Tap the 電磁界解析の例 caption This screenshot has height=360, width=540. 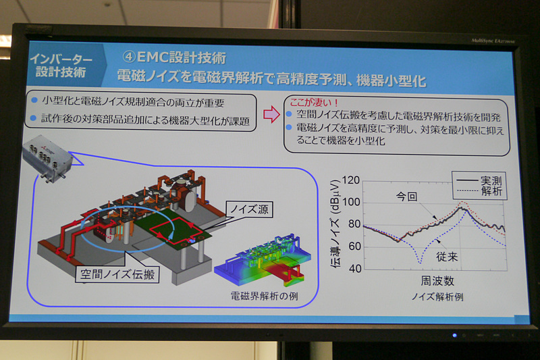tap(263, 294)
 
